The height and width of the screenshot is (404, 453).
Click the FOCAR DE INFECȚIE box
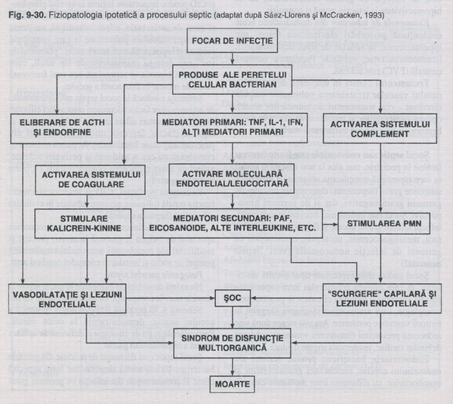(x=227, y=40)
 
